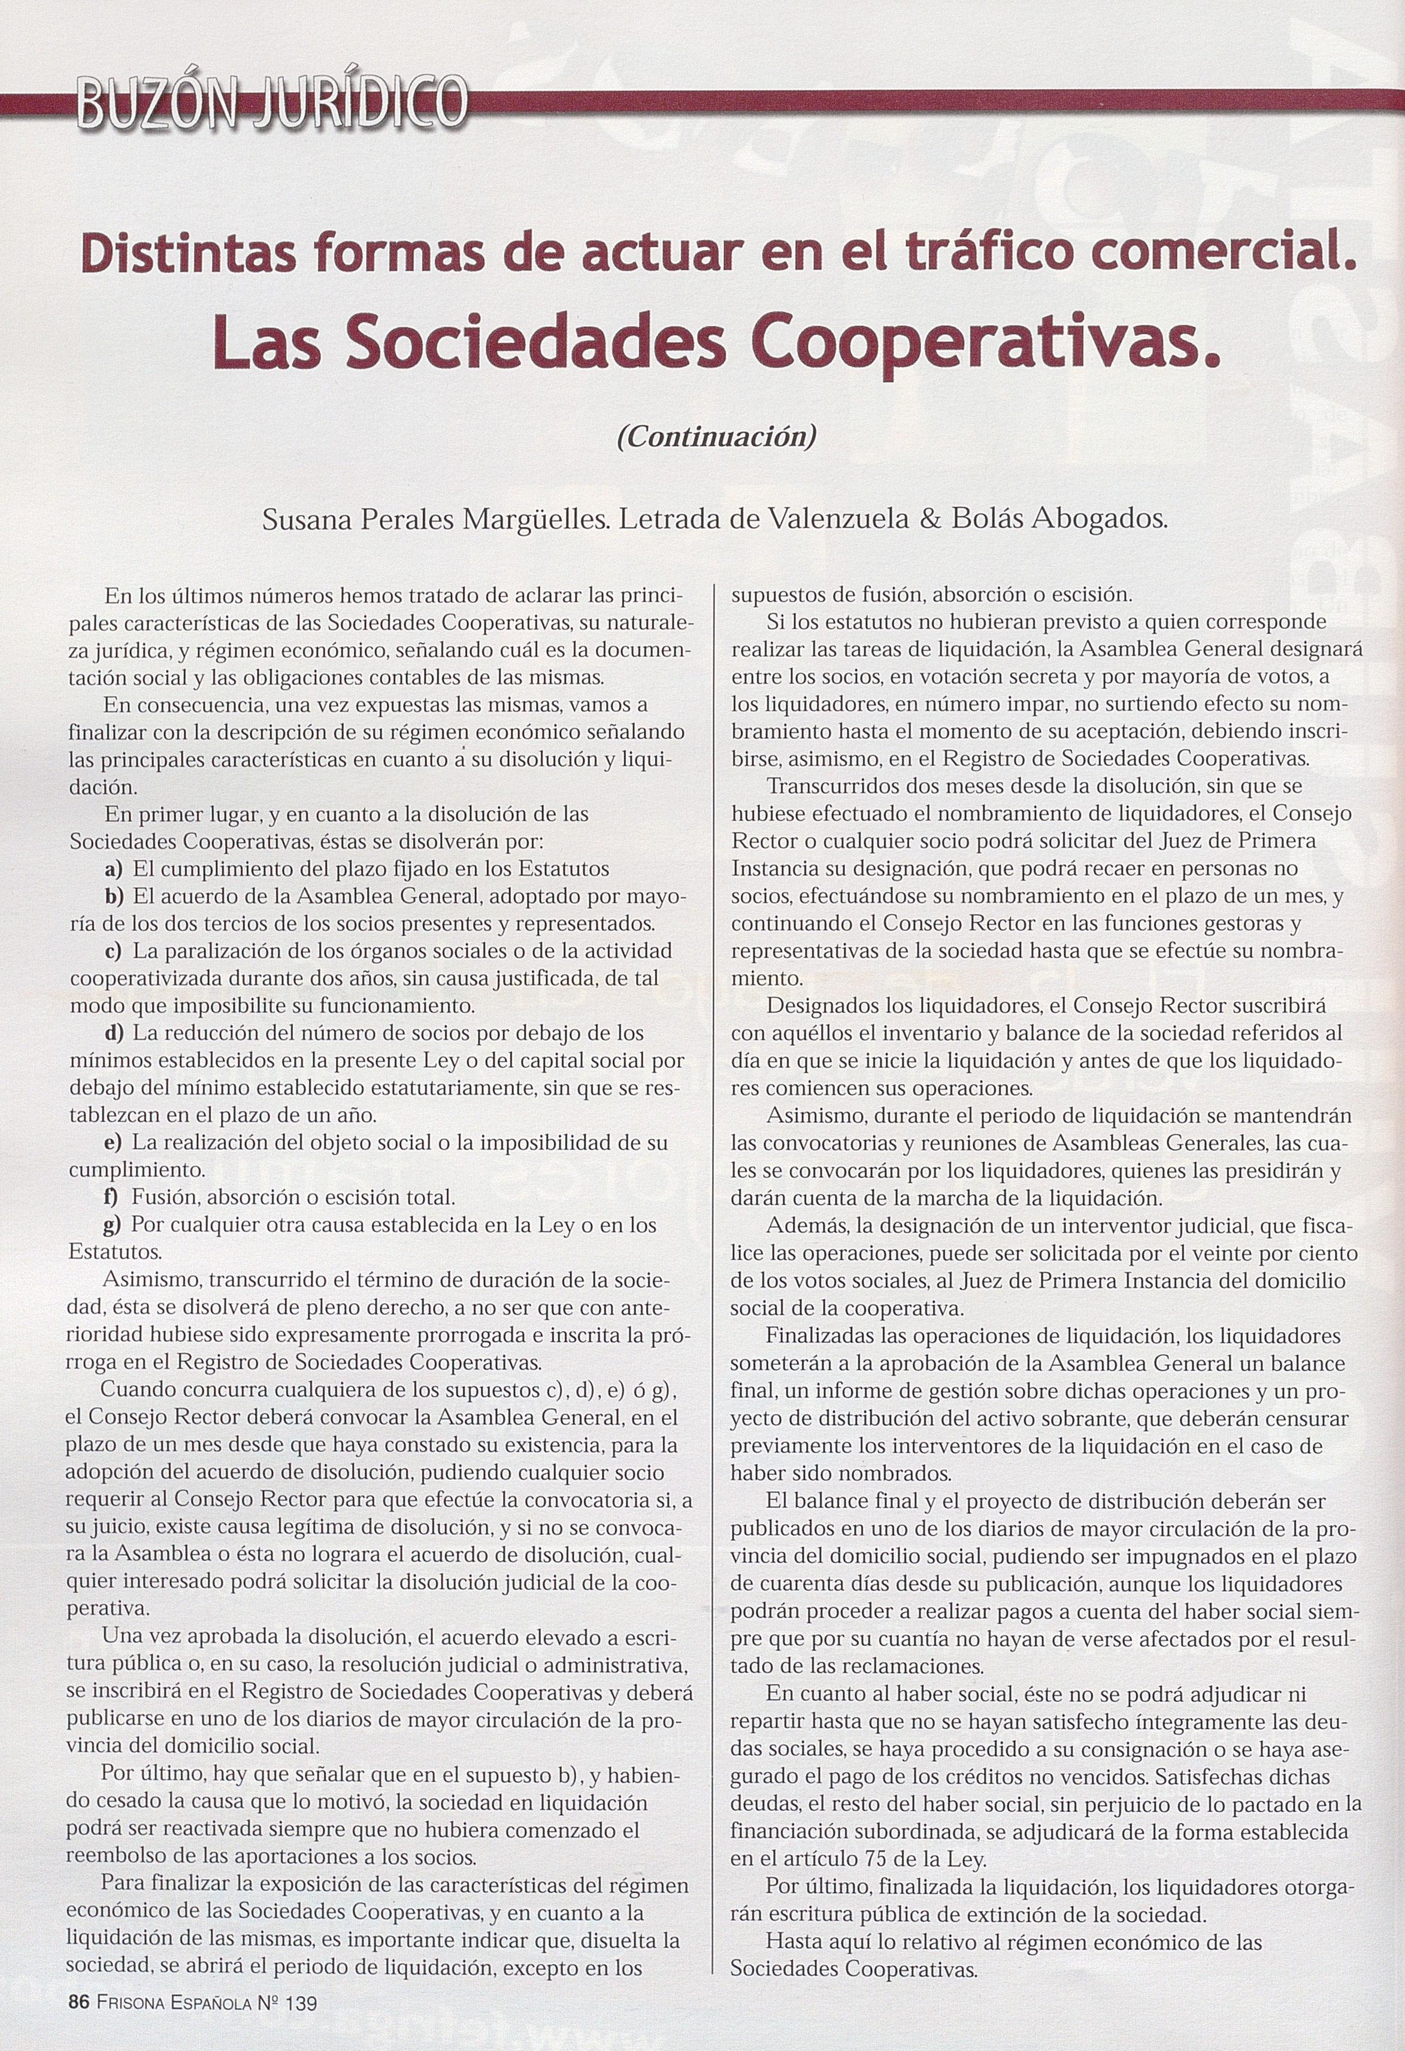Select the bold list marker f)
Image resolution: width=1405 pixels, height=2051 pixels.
112,1198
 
